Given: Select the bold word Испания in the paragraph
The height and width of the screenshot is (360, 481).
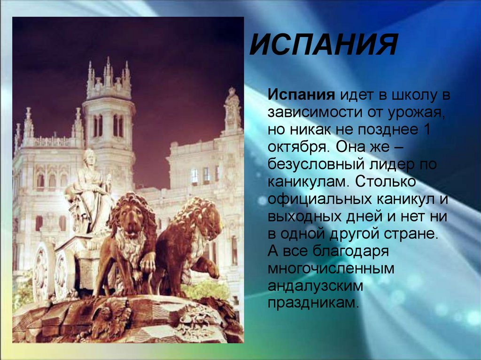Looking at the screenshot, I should pos(301,96).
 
